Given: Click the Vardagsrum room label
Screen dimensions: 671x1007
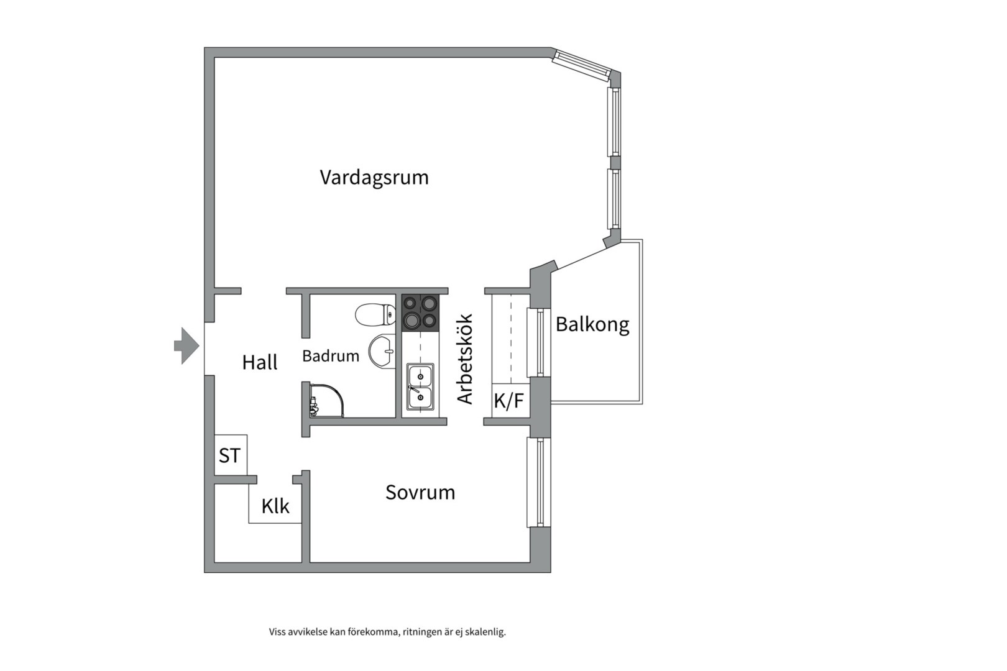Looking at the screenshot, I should click(374, 178).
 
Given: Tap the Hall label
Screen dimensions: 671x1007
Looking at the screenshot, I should click(260, 362).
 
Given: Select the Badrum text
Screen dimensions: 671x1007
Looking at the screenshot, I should click(331, 356).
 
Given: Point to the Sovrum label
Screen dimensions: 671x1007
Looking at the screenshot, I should click(420, 493).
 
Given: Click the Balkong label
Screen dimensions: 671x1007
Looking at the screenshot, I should click(592, 324).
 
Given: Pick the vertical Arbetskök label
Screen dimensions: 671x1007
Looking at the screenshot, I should click(466, 359).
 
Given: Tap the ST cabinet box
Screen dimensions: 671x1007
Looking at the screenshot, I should click(229, 455).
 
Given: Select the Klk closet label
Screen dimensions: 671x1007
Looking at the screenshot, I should click(275, 506).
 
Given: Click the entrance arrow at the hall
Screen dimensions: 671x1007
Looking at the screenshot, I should click(186, 345).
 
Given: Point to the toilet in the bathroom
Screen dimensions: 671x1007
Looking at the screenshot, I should click(375, 314).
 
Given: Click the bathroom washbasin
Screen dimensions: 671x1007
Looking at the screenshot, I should click(381, 352).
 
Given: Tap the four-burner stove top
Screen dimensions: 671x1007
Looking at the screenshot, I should click(420, 312).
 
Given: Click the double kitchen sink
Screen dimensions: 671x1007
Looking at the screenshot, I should click(420, 386).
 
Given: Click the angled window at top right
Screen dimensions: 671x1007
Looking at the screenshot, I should click(582, 65).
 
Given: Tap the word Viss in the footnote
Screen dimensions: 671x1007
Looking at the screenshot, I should click(277, 632).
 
